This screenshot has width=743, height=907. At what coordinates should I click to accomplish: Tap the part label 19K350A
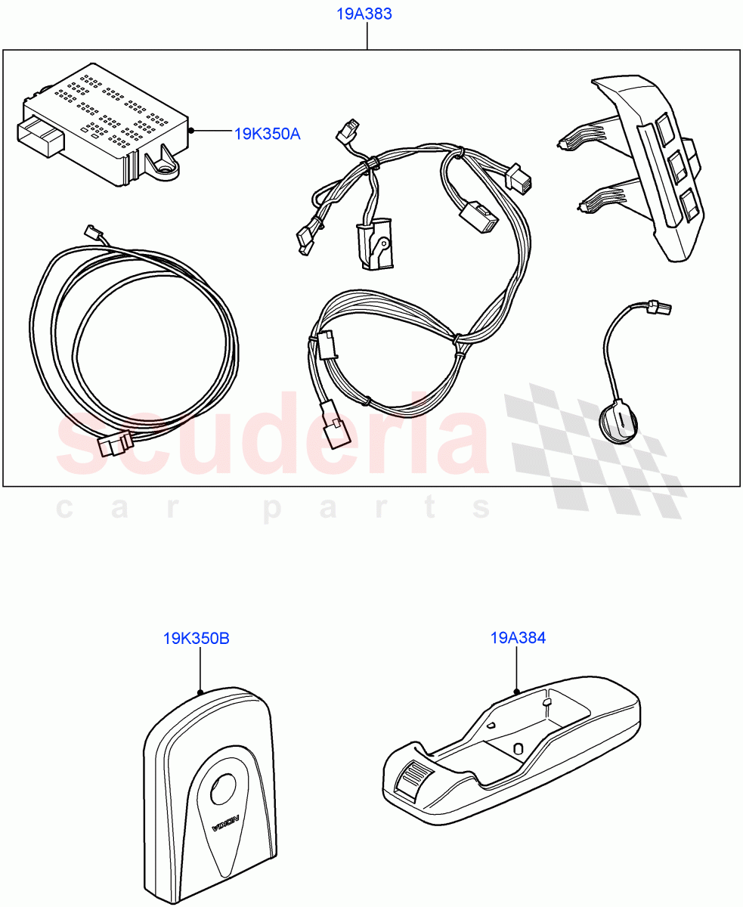click(x=267, y=134)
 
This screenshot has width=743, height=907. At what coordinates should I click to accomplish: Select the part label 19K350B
click(x=196, y=639)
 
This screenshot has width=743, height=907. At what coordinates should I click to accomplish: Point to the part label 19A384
click(x=518, y=638)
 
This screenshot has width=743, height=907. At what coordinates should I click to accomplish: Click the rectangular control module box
click(x=106, y=121)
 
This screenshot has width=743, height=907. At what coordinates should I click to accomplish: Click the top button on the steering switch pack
click(x=665, y=128)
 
